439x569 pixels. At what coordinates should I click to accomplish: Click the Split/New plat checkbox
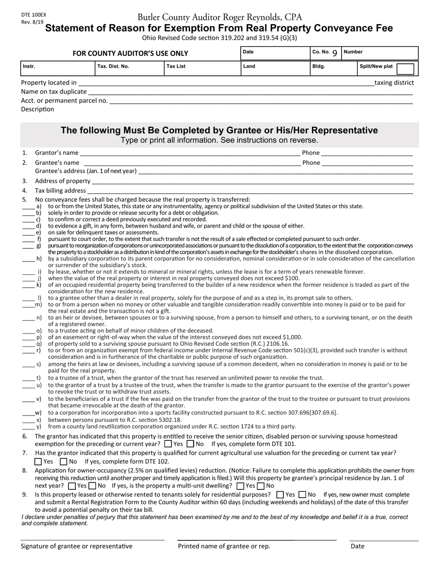tap(405, 69)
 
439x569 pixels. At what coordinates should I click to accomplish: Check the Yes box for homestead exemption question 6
tap(168, 444)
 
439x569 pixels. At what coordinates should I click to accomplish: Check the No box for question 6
tap(190, 444)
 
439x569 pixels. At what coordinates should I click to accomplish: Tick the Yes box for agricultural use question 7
tap(38, 462)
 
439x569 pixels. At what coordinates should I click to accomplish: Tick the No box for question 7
tap(64, 462)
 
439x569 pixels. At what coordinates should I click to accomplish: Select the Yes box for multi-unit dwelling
tap(240, 486)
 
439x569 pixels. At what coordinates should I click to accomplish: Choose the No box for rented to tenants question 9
tap(302, 495)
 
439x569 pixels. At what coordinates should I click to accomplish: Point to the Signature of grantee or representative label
tap(76, 546)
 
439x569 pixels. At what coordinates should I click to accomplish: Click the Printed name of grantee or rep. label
tap(224, 546)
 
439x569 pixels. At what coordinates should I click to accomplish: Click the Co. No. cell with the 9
tap(325, 52)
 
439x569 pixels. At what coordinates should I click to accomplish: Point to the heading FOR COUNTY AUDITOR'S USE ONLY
tap(130, 54)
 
